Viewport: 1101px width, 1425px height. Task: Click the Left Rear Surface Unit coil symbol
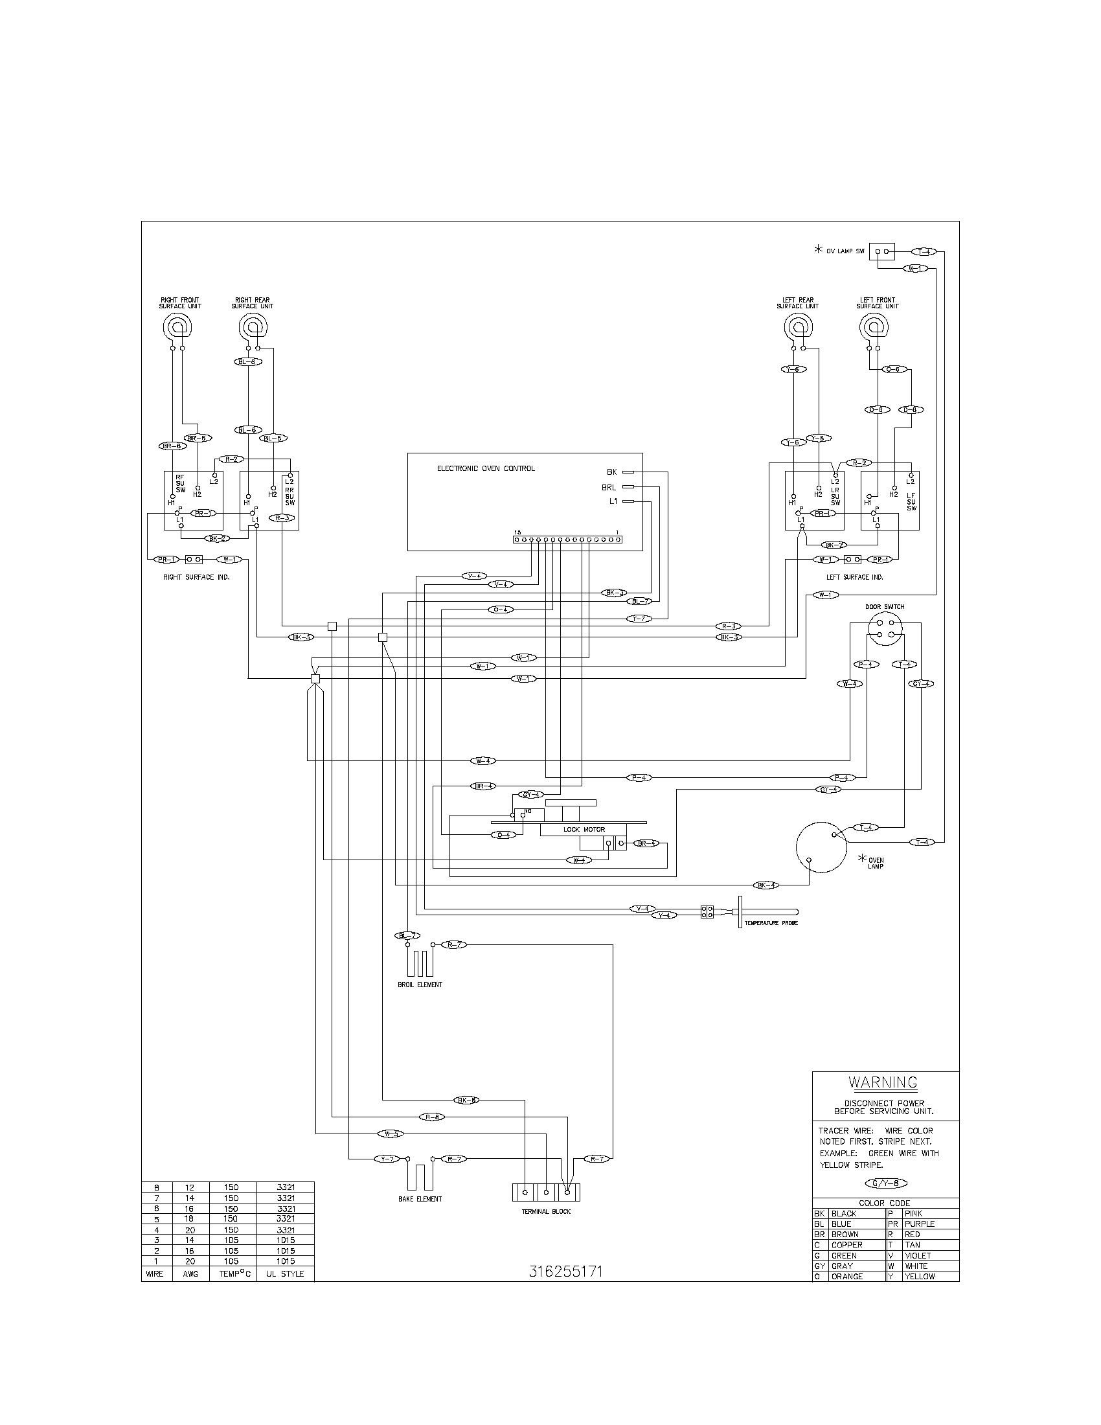[x=797, y=326]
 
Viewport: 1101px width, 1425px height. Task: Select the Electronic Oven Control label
[x=485, y=468]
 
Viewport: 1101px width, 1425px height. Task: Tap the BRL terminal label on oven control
[x=609, y=486]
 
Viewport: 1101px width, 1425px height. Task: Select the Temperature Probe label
[x=771, y=923]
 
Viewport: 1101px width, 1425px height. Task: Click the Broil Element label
[x=420, y=985]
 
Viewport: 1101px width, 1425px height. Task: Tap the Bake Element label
[x=420, y=1198]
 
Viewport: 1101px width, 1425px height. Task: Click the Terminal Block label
[x=546, y=1212]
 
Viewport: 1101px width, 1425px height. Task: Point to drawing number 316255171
[x=565, y=1271]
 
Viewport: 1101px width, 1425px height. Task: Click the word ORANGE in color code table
[x=846, y=1276]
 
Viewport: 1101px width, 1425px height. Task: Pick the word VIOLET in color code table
[x=917, y=1255]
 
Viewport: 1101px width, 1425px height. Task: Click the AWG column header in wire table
[x=190, y=1273]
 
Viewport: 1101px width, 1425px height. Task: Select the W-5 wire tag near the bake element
[x=391, y=1134]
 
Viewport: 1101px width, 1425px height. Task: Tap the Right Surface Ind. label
[x=196, y=576]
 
